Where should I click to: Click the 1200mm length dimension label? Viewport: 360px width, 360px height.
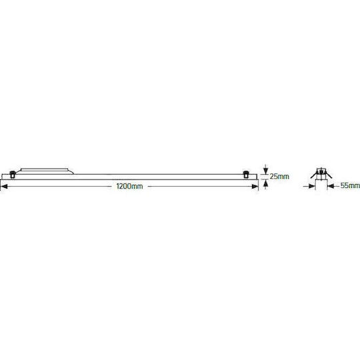(129, 186)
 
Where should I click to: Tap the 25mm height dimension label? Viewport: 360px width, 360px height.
(279, 176)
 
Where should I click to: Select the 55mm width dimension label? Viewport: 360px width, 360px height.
(350, 185)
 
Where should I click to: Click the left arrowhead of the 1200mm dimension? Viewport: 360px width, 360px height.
(4, 187)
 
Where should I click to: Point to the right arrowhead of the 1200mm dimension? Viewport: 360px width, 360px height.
(255, 187)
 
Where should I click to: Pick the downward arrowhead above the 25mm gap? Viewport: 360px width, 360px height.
(265, 171)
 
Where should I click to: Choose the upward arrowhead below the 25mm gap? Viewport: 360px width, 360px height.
(265, 183)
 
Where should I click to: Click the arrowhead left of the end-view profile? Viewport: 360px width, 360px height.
(312, 186)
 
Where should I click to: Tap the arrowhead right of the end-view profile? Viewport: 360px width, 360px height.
(331, 186)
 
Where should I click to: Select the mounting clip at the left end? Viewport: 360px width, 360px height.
(13, 175)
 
